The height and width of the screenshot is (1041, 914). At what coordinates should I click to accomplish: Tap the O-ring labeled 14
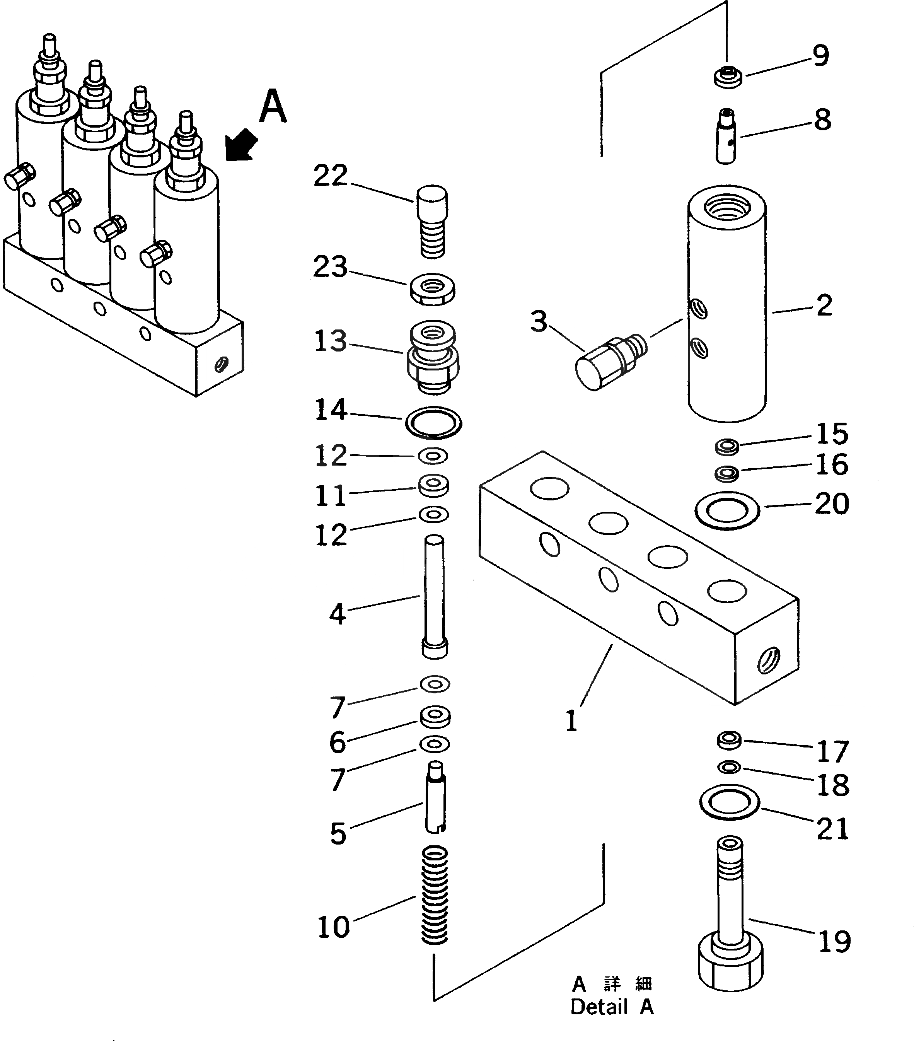[433, 422]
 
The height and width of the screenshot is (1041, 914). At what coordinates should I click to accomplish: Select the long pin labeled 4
[434, 596]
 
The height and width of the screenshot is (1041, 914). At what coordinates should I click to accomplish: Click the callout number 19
[834, 941]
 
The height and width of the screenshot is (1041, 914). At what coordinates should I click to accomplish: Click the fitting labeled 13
[433, 358]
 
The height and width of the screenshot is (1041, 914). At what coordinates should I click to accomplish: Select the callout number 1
[571, 721]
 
